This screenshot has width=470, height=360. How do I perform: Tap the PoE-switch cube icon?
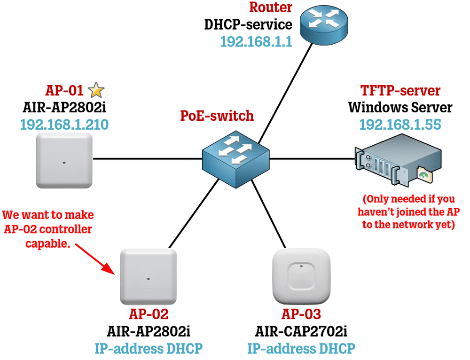(236, 159)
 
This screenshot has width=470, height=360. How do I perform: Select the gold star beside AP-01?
(96, 90)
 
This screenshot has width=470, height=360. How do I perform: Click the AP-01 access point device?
(64, 161)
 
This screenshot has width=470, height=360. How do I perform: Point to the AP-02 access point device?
(149, 277)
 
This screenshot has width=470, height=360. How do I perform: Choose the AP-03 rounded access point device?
(301, 276)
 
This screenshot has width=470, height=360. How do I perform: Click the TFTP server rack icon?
(398, 160)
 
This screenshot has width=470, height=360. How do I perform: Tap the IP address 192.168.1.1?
(256, 42)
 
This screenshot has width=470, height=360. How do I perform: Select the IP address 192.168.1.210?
(64, 125)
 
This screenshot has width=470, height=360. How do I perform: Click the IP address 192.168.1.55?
(400, 125)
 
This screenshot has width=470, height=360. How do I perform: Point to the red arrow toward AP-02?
(95, 259)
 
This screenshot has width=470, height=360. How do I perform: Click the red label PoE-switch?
(217, 116)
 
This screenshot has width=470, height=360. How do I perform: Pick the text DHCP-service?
(248, 24)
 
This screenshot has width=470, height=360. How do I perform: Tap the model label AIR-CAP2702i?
(301, 331)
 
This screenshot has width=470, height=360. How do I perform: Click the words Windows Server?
(400, 107)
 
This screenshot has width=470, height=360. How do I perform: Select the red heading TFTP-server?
(400, 90)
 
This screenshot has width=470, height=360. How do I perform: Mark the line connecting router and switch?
(285, 94)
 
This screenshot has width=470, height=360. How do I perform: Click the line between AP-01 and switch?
(148, 158)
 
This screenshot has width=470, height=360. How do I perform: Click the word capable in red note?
(47, 243)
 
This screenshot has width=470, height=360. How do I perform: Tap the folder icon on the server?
(424, 174)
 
